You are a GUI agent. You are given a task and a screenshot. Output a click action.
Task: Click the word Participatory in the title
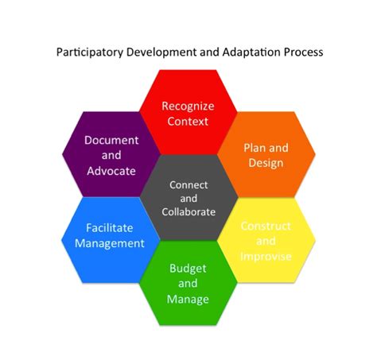point(90,52)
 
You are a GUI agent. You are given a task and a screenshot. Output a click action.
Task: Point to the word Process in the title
point(304,52)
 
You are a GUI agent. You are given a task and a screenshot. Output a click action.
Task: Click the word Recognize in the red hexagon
point(188,106)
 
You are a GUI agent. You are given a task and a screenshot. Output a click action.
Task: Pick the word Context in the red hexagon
point(188,122)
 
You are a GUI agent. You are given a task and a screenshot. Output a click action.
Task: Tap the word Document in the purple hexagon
point(111,140)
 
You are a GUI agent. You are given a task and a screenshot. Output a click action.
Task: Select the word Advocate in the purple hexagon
point(111,171)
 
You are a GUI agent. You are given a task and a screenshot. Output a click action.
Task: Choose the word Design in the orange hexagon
point(266,163)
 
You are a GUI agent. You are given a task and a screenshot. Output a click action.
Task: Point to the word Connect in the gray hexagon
point(188,185)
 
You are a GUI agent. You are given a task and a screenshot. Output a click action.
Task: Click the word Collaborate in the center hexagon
point(188,212)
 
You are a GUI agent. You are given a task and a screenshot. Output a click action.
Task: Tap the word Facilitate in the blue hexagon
point(110,228)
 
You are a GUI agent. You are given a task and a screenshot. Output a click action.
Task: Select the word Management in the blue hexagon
point(110,244)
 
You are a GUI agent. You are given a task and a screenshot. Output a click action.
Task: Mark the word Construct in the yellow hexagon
point(266,226)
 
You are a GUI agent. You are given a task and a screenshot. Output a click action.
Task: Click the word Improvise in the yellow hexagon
point(266,257)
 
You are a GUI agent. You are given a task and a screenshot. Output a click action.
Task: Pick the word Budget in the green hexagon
point(188,269)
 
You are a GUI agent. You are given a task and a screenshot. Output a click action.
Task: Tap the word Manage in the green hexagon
point(188,300)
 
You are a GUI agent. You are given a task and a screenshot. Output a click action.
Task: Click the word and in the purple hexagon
point(111,155)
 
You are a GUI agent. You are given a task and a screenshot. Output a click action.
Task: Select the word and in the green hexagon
point(188,284)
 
